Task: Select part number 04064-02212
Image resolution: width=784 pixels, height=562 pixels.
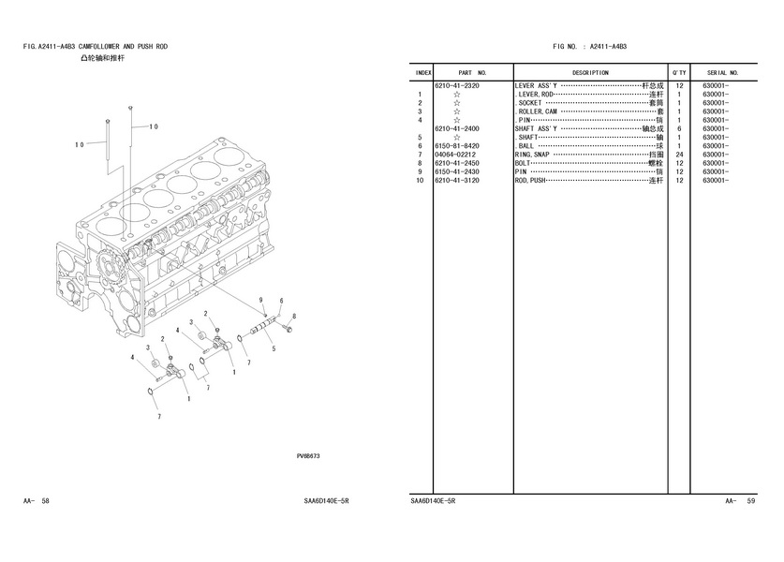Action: [x=456, y=155]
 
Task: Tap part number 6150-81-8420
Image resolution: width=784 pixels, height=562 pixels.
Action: [x=456, y=146]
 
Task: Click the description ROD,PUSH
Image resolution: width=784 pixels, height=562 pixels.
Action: [x=530, y=181]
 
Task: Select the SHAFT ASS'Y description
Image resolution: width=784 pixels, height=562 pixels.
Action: [x=536, y=128]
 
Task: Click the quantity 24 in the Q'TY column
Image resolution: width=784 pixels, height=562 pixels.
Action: [x=679, y=155]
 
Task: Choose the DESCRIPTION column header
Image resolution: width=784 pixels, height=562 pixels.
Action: [x=590, y=72]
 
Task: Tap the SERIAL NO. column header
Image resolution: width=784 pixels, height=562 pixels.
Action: [x=723, y=72]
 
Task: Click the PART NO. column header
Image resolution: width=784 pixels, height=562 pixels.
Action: [x=472, y=72]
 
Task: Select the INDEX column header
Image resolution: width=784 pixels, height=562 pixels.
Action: [x=423, y=72]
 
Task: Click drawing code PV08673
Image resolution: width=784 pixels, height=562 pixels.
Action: [x=308, y=456]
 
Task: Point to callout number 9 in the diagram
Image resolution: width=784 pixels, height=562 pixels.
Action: [x=261, y=299]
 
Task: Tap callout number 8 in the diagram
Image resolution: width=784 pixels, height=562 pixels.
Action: [x=294, y=317]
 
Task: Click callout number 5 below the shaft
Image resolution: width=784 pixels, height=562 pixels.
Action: [x=273, y=349]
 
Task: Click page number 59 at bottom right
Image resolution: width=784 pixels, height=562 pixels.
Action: [x=751, y=502]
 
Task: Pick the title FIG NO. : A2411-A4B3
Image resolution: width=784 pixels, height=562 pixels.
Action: [x=589, y=45]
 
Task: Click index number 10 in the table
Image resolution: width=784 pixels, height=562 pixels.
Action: [x=422, y=181]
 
